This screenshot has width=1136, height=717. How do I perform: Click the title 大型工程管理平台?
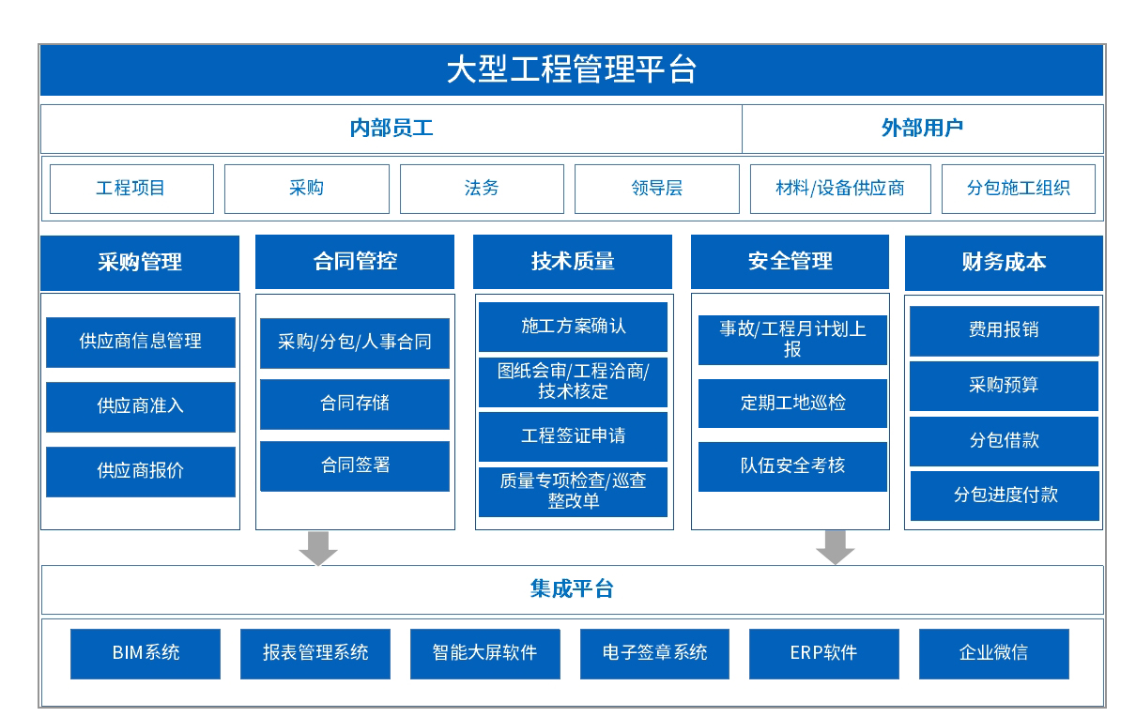tap(571, 70)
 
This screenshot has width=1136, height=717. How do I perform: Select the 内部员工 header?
tap(391, 129)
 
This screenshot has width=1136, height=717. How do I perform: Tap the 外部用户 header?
tap(922, 129)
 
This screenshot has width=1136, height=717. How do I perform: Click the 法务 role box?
tap(482, 189)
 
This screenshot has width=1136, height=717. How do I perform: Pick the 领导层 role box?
tap(656, 189)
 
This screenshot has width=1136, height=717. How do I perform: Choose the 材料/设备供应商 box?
tap(840, 189)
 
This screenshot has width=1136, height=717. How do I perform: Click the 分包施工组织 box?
tap(1018, 189)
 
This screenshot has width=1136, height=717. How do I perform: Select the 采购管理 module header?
tap(140, 262)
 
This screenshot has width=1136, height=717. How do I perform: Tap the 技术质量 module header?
tap(572, 262)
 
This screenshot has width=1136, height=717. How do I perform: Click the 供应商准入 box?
tap(141, 406)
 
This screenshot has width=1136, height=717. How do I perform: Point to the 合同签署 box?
tap(355, 465)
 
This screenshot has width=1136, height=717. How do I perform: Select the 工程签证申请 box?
tap(573, 436)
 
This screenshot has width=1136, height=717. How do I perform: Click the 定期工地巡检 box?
tap(792, 403)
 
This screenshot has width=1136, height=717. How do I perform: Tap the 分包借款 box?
tap(1004, 441)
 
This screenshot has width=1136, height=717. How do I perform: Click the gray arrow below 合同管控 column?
tap(318, 547)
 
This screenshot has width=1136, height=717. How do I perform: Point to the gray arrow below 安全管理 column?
tap(835, 547)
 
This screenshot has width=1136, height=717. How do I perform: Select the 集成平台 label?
tap(571, 589)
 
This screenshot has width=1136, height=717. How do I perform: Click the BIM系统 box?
tap(146, 653)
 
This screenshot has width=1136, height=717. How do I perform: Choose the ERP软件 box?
tap(823, 653)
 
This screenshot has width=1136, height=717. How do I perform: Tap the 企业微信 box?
tap(993, 653)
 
